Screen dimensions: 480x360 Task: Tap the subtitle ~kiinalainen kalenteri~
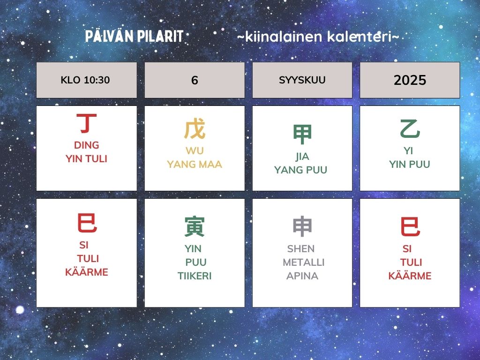click(318, 37)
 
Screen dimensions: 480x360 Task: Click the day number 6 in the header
click(195, 80)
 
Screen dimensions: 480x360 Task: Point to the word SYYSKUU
click(302, 80)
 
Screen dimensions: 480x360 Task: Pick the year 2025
click(410, 80)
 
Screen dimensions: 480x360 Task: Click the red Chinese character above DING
click(87, 123)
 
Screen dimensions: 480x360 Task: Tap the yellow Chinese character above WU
click(195, 129)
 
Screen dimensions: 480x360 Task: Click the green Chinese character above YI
click(410, 129)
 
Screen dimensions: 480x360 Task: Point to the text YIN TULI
click(86, 158)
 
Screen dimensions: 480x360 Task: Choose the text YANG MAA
click(195, 164)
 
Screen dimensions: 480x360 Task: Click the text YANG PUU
click(300, 170)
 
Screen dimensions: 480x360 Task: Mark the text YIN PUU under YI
click(410, 164)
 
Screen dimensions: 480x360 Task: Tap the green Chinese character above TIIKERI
click(195, 226)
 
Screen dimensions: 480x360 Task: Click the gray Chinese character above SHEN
click(302, 226)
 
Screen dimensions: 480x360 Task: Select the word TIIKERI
click(195, 276)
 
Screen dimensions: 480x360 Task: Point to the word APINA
click(302, 276)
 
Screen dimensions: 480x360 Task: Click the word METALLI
click(303, 262)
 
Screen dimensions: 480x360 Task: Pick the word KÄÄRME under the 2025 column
click(410, 276)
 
